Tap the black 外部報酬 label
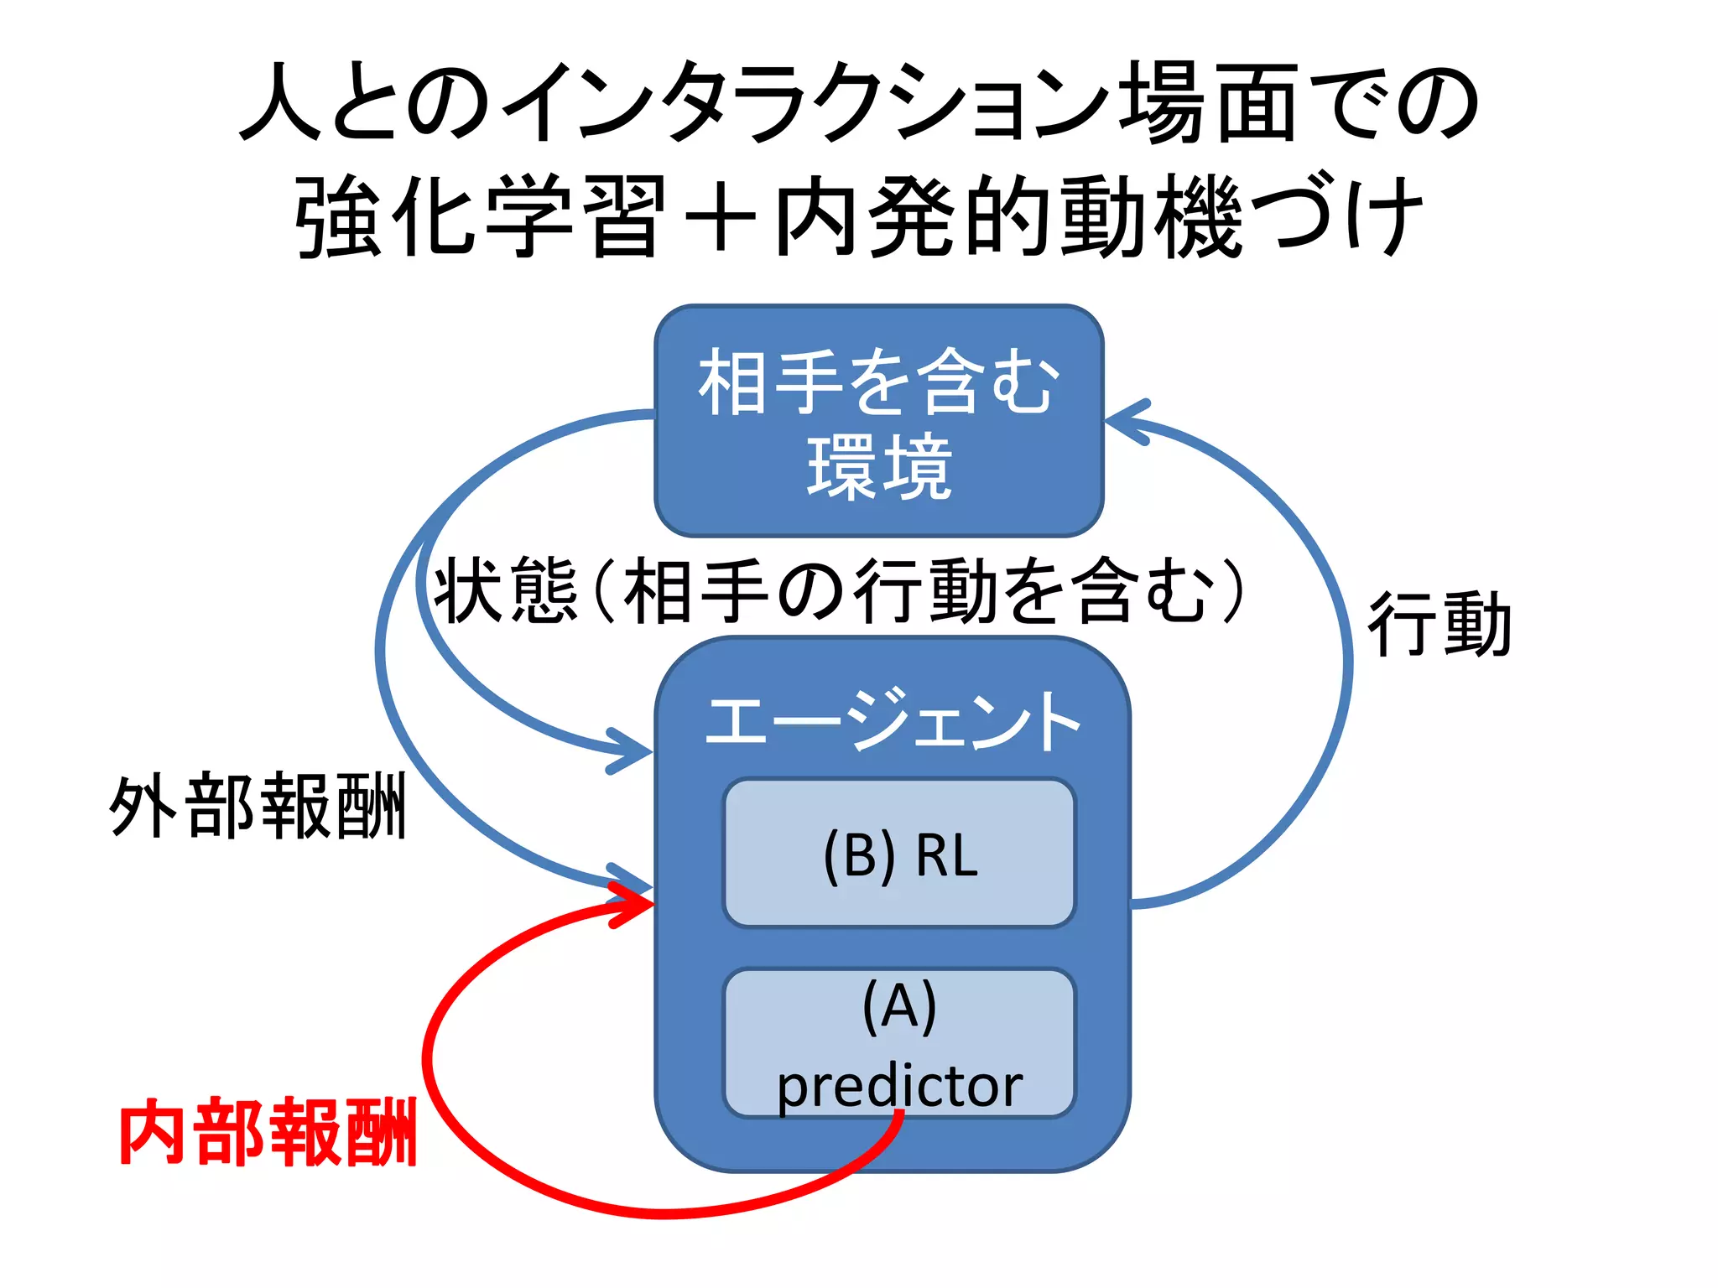pyautogui.click(x=258, y=806)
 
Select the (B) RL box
pyautogui.click(x=898, y=853)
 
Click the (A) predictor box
pyautogui.click(x=898, y=1042)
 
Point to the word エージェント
pyautogui.click(x=893, y=720)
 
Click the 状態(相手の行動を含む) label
pyautogui.click(x=839, y=590)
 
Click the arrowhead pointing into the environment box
pyautogui.click(x=1124, y=421)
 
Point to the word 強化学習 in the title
pyautogui.click(x=481, y=216)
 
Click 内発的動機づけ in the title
pyautogui.click(x=1099, y=216)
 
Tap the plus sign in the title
pyautogui.click(x=720, y=217)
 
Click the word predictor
pyautogui.click(x=899, y=1087)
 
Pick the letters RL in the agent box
pyautogui.click(x=947, y=855)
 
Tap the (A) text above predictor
pyautogui.click(x=899, y=1005)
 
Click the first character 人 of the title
pyautogui.click(x=282, y=103)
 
